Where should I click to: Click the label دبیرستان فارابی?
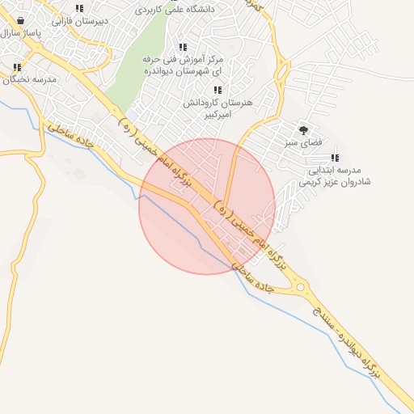coord(79,21)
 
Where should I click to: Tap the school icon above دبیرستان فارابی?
coord(79,9)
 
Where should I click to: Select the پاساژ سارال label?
coord(19,33)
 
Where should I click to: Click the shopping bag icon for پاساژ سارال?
coord(19,21)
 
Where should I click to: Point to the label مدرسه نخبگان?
coord(29,79)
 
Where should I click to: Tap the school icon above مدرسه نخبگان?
coord(15,68)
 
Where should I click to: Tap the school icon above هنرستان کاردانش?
coord(217,91)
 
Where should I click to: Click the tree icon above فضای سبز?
coord(304,129)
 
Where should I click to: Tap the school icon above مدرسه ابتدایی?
coord(335,158)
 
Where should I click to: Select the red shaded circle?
coord(207,206)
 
